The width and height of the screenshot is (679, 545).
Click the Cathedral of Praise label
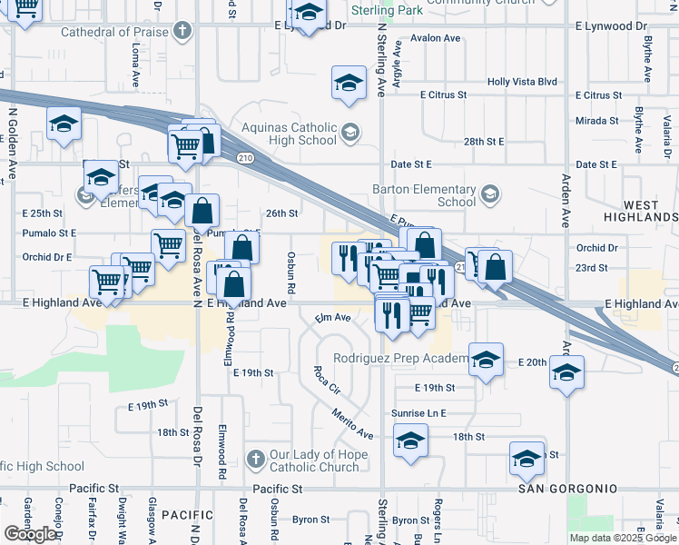coord(115,33)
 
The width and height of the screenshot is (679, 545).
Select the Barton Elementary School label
coord(425,195)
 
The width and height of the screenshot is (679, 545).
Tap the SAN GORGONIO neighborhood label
coord(568,489)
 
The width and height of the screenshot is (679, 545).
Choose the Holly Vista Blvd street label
coord(522,81)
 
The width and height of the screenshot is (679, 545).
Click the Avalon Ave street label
coord(436,38)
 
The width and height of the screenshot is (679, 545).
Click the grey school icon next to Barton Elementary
coord(490,194)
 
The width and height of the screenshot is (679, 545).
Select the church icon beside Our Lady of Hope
coord(256,457)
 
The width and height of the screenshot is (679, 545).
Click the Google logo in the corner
coord(30,534)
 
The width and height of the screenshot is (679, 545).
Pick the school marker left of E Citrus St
coord(348,84)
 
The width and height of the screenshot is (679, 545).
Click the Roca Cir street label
coord(326,381)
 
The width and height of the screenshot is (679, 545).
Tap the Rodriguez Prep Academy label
coord(399,358)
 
